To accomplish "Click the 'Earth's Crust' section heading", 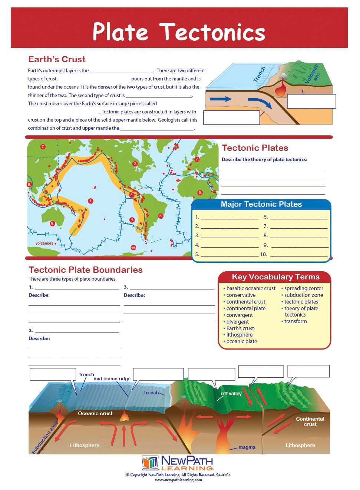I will pos(57,59).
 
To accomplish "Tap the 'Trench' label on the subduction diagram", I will pos(260,74).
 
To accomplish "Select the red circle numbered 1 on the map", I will pos(90,201).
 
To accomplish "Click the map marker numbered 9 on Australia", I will pos(52,224).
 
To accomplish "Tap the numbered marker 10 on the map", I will pos(133,248).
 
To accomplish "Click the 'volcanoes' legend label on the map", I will pos(44,244).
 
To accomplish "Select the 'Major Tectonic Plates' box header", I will pos(261,204).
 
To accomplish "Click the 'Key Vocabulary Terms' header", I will pos(275,277).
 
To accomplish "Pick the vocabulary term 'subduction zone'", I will pos(303,295).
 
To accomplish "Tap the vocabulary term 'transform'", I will pos(295,321).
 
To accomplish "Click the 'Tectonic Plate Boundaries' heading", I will pos(86,270).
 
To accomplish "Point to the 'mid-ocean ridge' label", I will pos(112,379).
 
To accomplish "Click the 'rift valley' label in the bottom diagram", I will pos(231,394).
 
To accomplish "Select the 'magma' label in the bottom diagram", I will pos(247,447).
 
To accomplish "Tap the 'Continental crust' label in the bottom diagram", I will pos(310,421).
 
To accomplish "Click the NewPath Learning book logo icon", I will pos(150,463).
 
